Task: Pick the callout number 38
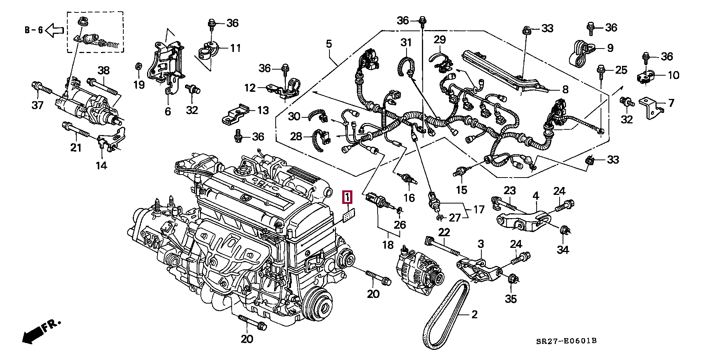click(103, 70)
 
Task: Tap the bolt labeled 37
click(41, 88)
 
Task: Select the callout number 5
click(329, 44)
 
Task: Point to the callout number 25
click(622, 70)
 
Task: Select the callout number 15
click(461, 190)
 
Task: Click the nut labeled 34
click(564, 233)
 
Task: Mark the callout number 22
click(444, 232)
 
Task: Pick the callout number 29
click(439, 39)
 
